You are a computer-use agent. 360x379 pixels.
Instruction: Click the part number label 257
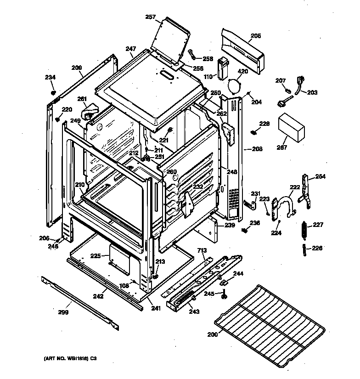coord(151,17)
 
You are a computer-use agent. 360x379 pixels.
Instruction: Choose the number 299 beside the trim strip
coord(63,312)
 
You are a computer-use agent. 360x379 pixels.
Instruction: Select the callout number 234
coord(50,77)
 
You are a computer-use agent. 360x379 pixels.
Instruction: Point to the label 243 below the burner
coord(194,311)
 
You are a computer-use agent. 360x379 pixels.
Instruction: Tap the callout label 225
coord(95,256)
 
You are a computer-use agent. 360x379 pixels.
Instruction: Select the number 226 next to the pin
coord(317,248)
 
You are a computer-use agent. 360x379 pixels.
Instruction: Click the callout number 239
coord(230,226)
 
